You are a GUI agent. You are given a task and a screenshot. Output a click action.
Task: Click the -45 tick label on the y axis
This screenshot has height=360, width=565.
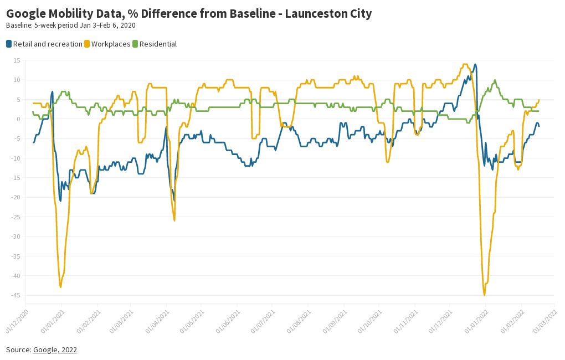(x=15, y=295)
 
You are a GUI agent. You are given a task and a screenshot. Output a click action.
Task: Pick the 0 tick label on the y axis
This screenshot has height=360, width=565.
(x=18, y=119)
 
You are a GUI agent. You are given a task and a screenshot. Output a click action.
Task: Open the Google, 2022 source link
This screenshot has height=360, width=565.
(x=55, y=349)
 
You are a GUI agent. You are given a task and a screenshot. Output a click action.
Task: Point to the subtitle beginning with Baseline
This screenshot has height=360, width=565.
(x=70, y=25)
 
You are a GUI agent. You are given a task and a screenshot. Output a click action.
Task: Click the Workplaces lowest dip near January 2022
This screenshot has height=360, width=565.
(x=484, y=295)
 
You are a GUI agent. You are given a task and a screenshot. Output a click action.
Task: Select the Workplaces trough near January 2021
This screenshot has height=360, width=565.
(x=60, y=286)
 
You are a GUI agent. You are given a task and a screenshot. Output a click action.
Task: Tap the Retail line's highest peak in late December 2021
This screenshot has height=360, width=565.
(x=475, y=64)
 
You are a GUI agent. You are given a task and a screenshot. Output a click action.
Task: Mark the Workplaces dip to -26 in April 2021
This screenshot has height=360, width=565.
(x=174, y=220)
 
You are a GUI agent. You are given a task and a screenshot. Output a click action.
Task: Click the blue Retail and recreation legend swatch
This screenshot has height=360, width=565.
(x=9, y=44)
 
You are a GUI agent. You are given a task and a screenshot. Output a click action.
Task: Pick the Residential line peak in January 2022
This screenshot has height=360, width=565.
(x=495, y=80)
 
